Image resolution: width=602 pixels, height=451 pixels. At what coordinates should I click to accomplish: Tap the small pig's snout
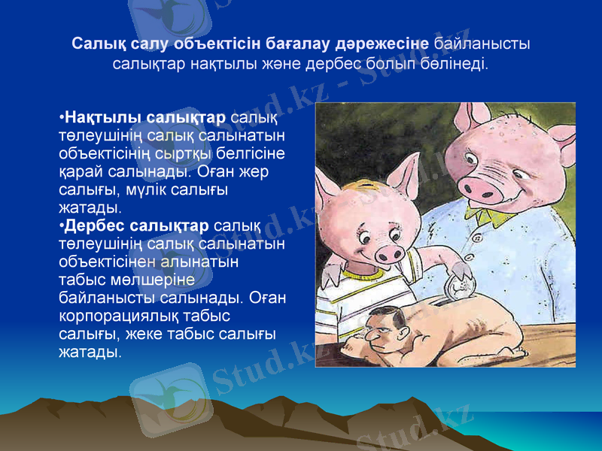pyautogui.click(x=390, y=253)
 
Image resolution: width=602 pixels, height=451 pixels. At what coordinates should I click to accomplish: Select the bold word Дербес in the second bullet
pyautogui.click(x=94, y=225)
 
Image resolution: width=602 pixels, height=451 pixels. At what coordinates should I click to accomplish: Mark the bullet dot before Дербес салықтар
pyautogui.click(x=62, y=226)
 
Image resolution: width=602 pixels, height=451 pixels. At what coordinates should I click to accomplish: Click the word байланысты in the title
pyautogui.click(x=482, y=44)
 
